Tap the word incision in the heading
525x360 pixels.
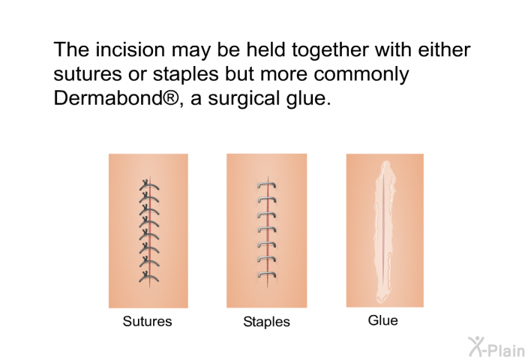tap(130, 50)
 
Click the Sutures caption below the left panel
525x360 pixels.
tap(147, 321)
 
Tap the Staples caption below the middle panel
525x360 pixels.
tap(266, 322)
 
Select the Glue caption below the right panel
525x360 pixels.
tap(383, 320)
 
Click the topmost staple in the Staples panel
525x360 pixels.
tap(267, 184)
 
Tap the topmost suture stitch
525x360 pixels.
tap(149, 185)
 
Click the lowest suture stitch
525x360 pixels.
tap(149, 277)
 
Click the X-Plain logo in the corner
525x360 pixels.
tap(496, 346)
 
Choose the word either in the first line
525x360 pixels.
tap(444, 50)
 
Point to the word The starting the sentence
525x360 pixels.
tap(72, 50)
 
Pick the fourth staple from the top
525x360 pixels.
tap(267, 229)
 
